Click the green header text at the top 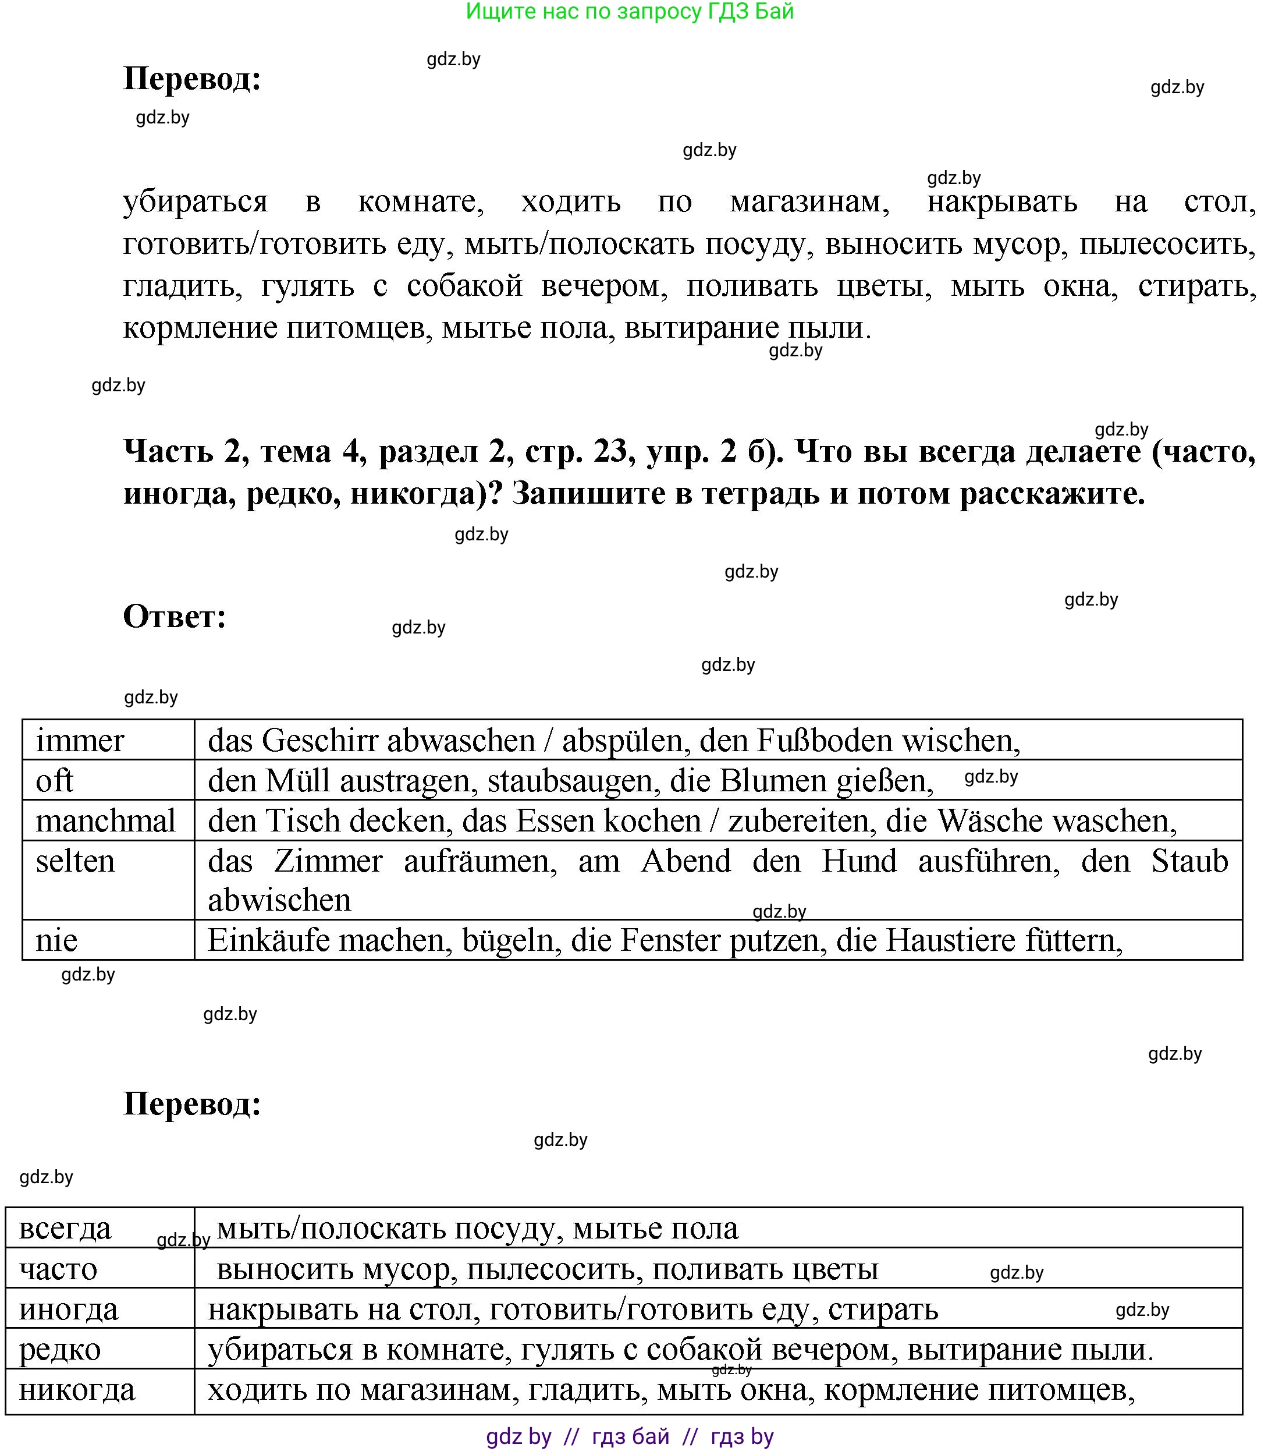coord(630,12)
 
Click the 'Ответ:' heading coord(175,617)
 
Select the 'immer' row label coord(80,741)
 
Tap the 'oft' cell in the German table coord(54,781)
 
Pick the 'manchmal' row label coord(105,821)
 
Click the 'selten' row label coord(74,861)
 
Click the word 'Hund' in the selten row coord(858,861)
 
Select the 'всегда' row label coord(65,1229)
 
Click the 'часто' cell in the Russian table coord(58,1269)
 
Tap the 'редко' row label coord(60,1350)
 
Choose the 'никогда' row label coord(77,1390)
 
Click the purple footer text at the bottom coord(630,1436)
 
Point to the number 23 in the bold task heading coord(609,451)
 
